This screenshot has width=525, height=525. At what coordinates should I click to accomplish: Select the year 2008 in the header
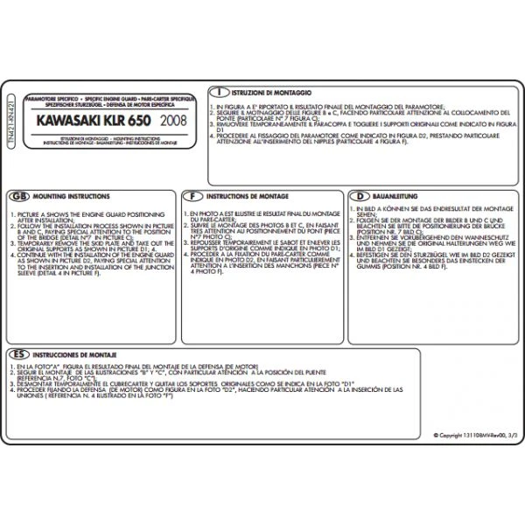173,118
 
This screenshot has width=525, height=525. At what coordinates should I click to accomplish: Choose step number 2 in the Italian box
213,112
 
